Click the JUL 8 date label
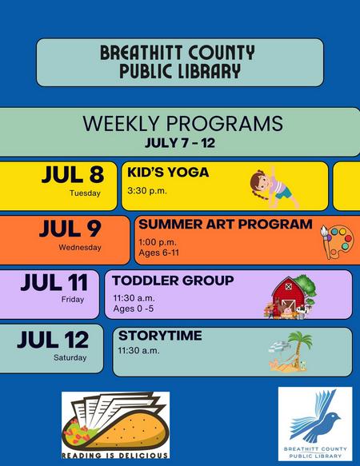click(x=73, y=174)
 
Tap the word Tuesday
click(x=85, y=193)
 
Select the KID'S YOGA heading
click(x=168, y=173)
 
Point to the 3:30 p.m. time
click(x=147, y=191)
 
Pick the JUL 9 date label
click(x=70, y=229)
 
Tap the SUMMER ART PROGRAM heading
click(x=226, y=224)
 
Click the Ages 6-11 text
click(x=159, y=253)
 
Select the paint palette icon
click(x=337, y=241)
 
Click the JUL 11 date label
click(x=54, y=282)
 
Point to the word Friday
click(x=73, y=299)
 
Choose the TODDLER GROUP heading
click(x=173, y=281)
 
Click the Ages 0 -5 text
click(x=134, y=309)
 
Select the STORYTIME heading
click(x=160, y=336)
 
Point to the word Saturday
click(x=70, y=357)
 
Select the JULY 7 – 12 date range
click(x=180, y=143)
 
